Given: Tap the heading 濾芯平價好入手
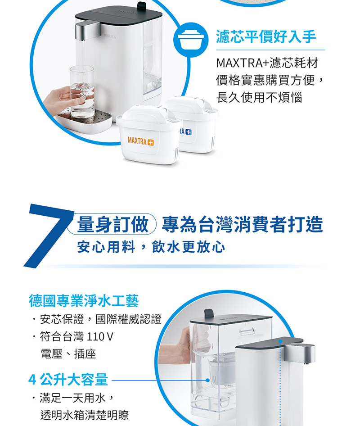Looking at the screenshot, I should coord(265,36).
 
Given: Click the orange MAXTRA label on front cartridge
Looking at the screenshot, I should coord(140,141).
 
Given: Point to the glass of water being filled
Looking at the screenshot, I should coord(82,90).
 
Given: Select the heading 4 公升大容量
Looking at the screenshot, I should coord(68,380).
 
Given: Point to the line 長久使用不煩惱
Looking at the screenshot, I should coord(259,97).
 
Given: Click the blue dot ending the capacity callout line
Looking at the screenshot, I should coord(208,380).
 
